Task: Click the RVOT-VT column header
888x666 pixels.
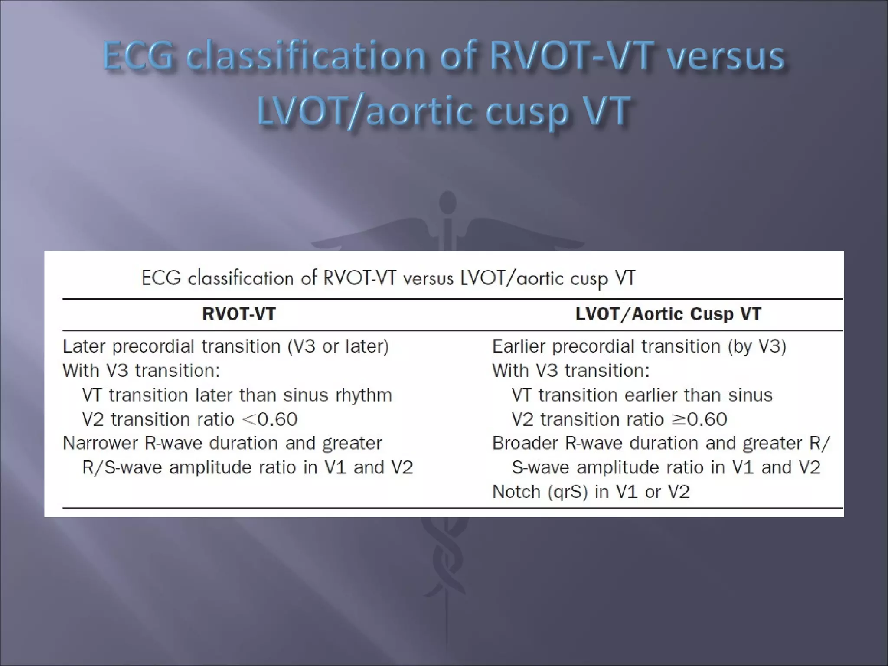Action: (x=239, y=314)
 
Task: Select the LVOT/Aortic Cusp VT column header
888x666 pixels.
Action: (x=668, y=314)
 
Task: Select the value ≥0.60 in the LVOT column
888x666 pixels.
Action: (x=699, y=419)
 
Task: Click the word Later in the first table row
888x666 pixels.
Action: (x=85, y=346)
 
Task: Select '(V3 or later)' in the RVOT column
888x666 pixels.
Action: (x=338, y=346)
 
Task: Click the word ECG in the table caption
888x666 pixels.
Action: (x=161, y=278)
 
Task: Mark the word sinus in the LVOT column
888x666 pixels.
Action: (x=750, y=395)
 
